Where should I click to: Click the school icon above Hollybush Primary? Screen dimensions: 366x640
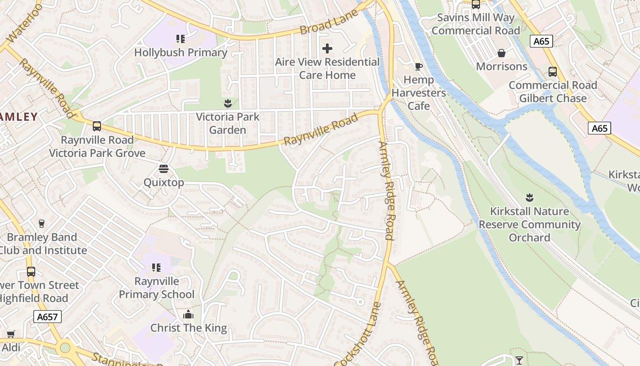[x=181, y=38]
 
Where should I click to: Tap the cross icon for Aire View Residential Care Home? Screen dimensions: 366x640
[x=327, y=48]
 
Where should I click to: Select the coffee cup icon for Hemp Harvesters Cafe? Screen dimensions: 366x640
[x=418, y=66]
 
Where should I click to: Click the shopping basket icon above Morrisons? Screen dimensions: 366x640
[x=501, y=53]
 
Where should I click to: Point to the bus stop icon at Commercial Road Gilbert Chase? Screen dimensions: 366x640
[x=553, y=72]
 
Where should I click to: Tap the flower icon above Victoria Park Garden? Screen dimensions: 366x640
[x=228, y=103]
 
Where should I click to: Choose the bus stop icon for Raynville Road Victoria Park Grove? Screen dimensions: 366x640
[x=97, y=126]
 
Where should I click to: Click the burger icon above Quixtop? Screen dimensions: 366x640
[x=164, y=169]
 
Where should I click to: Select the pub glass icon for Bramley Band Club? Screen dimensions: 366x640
[x=42, y=223]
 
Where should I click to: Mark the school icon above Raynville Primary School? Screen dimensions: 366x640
[x=156, y=267]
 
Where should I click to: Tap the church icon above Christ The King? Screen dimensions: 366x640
[x=188, y=314]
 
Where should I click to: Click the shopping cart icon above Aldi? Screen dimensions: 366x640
[x=11, y=334]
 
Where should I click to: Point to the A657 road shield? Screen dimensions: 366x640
[x=48, y=317]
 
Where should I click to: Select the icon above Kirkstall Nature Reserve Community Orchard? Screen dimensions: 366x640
[x=529, y=198]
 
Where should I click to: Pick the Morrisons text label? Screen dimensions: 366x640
[x=501, y=66]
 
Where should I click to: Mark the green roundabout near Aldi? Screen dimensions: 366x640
[x=65, y=348]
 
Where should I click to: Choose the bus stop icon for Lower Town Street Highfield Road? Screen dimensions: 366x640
[x=31, y=271]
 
